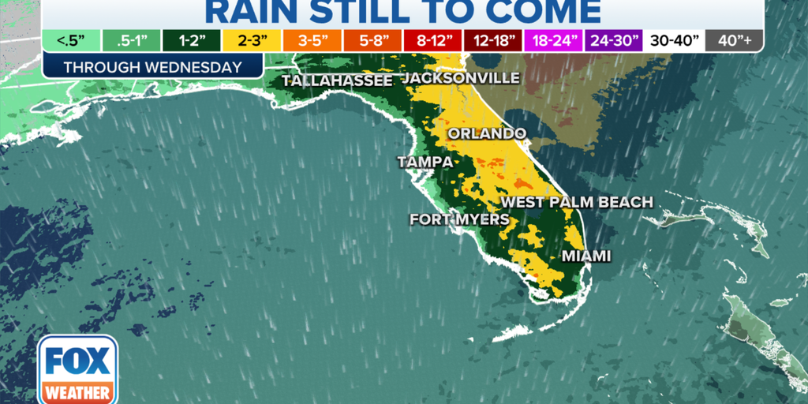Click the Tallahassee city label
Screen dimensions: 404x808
point(337,81)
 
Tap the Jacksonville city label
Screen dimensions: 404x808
point(462,78)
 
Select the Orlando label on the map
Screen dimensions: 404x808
point(487,133)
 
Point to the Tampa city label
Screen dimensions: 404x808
point(425,162)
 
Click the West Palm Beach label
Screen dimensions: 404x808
point(577,202)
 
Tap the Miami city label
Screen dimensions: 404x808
point(586,256)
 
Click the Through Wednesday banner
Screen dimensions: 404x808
point(152,67)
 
